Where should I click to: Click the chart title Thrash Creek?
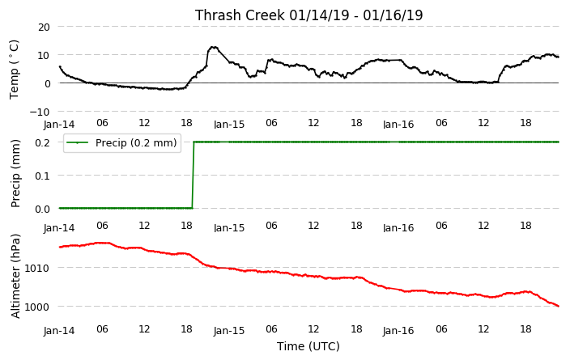pos(240,15)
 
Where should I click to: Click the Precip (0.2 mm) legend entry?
pos(121,142)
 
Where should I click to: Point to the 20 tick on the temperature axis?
pos(44,27)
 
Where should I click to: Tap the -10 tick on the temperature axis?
pos(40,112)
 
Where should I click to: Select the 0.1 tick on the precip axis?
pos(42,176)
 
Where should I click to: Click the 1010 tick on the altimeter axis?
pos(36,268)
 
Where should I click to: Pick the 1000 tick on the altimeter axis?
pos(36,307)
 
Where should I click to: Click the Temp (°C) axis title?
pos(15,70)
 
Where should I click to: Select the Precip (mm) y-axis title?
pos(15,174)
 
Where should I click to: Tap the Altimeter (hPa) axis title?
pos(15,276)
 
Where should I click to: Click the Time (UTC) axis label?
pos(308,346)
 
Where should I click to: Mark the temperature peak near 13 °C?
pos(214,47)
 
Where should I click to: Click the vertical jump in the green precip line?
pos(193,175)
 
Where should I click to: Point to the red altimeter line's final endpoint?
pos(559,306)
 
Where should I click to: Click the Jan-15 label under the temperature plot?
pos(229,125)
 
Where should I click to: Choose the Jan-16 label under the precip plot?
pos(398,228)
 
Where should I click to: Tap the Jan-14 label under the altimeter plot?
pos(59,331)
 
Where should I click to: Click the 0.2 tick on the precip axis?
pos(42,142)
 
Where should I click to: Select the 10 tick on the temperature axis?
pos(44,55)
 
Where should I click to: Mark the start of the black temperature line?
pos(60,66)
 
